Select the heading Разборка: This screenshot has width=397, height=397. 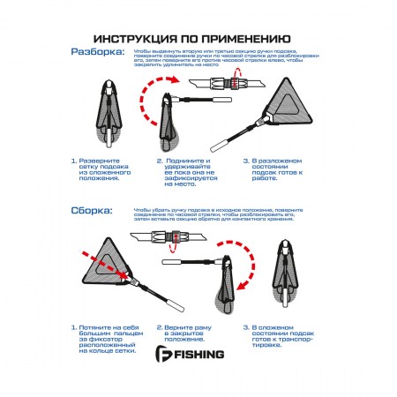coord(98,52)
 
